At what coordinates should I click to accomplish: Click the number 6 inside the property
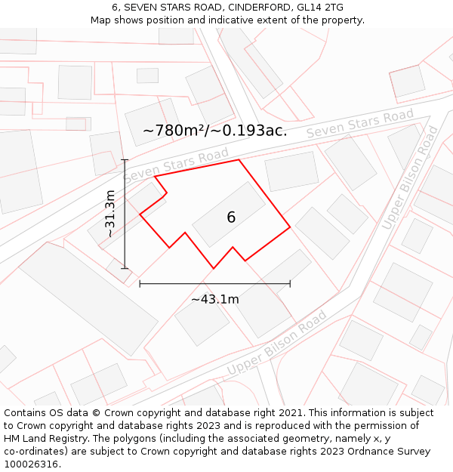click(x=231, y=217)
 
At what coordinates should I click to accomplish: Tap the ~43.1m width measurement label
click(x=214, y=299)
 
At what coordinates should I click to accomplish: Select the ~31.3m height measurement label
click(x=110, y=214)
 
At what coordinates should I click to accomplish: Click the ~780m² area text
click(x=174, y=131)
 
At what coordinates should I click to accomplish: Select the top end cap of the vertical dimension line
click(x=125, y=160)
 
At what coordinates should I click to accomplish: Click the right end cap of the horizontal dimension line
click(x=290, y=284)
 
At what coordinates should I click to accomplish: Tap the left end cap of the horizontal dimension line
click(x=140, y=284)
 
